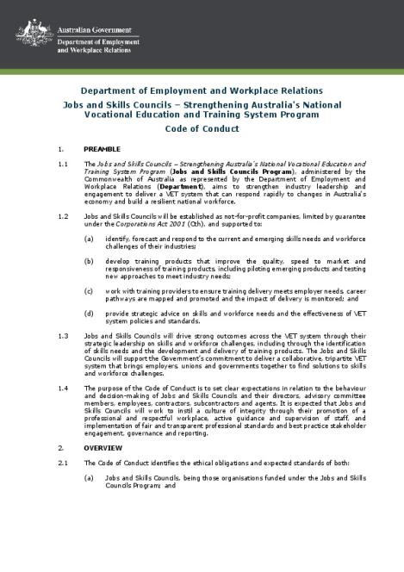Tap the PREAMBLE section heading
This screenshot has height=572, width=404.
102,149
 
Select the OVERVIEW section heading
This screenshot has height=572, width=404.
102,449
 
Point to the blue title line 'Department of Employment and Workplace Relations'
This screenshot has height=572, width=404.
202,90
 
